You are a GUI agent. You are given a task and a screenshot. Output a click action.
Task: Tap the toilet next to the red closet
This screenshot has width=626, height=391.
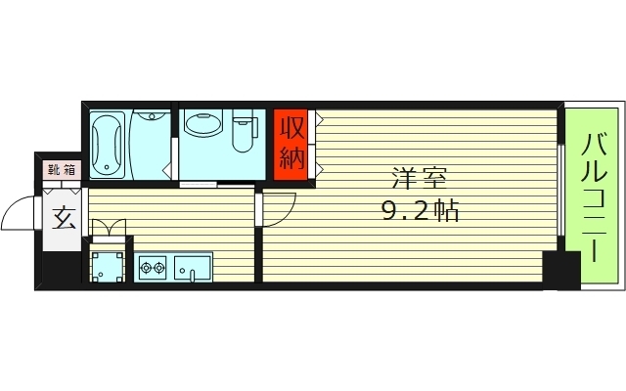240,138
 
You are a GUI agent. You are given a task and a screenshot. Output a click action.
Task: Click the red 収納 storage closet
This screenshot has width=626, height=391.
292,142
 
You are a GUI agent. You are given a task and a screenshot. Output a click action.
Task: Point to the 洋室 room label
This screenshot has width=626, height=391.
420,180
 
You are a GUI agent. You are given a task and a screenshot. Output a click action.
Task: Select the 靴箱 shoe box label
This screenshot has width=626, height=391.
61,169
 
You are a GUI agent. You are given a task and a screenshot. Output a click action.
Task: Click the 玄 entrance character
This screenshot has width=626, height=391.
64,217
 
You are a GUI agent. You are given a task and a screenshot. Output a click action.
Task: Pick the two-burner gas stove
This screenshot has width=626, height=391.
155,266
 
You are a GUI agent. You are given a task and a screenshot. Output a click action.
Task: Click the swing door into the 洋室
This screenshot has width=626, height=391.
278,206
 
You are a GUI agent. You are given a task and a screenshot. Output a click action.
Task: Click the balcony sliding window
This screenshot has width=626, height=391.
560,191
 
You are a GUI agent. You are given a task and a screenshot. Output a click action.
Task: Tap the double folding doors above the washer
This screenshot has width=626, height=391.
108,229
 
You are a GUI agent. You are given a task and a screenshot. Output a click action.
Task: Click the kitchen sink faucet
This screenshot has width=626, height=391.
194,275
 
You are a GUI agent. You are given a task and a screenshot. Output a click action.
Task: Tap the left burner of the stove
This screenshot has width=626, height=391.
147,266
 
